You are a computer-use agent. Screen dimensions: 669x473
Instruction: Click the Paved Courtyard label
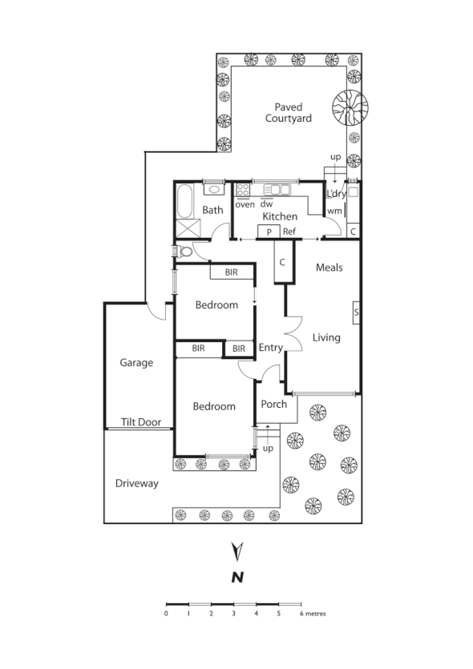[293, 112]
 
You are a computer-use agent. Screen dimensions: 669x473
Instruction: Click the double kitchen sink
[276, 190]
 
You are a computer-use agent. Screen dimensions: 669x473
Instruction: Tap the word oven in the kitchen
[245, 204]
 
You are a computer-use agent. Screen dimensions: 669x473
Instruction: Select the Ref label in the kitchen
[289, 232]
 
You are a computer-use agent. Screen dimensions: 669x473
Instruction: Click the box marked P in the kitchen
[268, 232]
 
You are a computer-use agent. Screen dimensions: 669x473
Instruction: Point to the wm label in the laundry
[334, 211]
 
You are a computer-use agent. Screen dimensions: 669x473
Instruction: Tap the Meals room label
[329, 267]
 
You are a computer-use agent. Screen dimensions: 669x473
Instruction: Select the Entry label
[271, 347]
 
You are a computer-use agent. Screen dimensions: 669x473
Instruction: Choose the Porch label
[274, 404]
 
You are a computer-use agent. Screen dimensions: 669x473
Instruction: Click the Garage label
[136, 362]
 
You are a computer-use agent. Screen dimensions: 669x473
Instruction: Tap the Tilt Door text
[139, 421]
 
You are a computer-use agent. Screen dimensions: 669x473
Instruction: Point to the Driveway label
[136, 483]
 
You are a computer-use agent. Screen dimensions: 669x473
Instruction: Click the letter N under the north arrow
[236, 577]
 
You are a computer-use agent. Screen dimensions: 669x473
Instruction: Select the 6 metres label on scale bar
[313, 614]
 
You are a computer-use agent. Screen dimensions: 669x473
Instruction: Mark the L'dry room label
[335, 194]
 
